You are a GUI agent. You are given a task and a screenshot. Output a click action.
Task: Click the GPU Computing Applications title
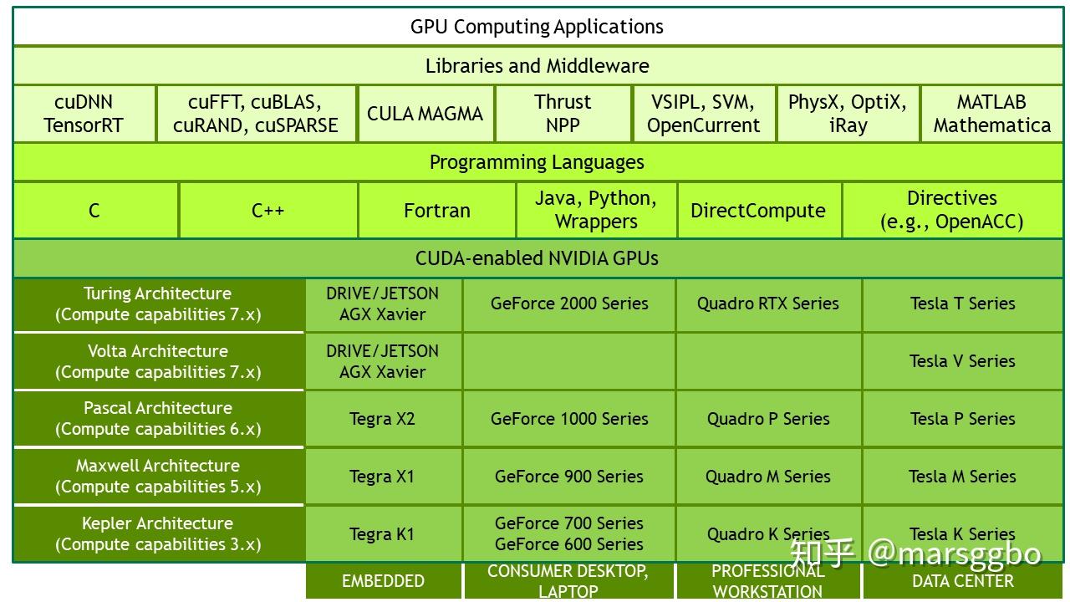[537, 27]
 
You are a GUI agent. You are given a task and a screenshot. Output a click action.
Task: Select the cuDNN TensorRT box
[84, 114]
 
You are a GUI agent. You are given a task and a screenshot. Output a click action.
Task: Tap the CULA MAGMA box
[425, 114]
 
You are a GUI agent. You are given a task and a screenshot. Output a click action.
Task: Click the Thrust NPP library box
[563, 114]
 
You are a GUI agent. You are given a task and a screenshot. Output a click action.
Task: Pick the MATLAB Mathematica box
[991, 114]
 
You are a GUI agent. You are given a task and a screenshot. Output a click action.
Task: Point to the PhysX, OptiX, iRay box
[848, 114]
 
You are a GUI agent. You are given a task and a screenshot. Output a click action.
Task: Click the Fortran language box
[437, 210]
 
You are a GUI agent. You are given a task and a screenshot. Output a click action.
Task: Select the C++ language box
[268, 210]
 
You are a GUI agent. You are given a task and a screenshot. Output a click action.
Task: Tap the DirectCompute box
[758, 210]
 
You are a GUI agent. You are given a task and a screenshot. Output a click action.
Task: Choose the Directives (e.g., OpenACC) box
[952, 210]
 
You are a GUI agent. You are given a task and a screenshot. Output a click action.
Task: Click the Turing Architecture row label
[159, 304]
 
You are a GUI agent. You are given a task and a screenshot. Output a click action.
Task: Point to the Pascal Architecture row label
[159, 419]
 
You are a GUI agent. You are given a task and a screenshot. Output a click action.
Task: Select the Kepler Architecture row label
[159, 533]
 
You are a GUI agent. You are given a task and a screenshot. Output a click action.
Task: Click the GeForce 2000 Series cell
[569, 304]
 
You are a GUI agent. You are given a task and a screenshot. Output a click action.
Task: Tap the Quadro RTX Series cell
[768, 304]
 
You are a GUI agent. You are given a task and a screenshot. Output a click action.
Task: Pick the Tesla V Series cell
[962, 361]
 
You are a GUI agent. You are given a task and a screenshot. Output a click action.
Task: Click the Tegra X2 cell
[383, 419]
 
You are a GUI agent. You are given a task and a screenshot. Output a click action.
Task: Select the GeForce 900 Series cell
[569, 477]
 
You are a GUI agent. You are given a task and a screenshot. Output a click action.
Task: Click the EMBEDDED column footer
[383, 581]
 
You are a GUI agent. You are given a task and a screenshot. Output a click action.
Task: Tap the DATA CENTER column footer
[962, 581]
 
